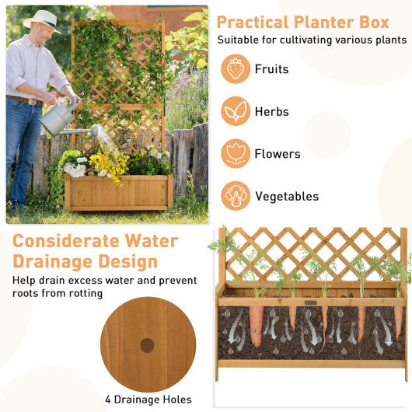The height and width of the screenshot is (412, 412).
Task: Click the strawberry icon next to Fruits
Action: [x=236, y=69]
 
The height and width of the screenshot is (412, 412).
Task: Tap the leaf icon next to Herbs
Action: [x=236, y=111]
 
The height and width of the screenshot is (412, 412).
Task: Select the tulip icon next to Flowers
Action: [x=236, y=153]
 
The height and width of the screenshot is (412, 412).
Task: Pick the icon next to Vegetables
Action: [x=236, y=196]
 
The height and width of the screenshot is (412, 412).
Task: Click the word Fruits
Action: [x=271, y=69]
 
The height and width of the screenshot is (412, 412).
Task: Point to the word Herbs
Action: [x=271, y=112]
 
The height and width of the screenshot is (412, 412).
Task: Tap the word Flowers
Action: [x=278, y=154]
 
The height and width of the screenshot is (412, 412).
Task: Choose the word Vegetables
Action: [x=287, y=197]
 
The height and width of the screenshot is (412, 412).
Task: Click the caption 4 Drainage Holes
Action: [x=148, y=400]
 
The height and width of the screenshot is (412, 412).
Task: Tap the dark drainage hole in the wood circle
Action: [x=147, y=344]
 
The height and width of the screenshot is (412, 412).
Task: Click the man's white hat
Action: [x=41, y=19]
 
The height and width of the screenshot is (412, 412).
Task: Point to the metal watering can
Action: [x=59, y=119]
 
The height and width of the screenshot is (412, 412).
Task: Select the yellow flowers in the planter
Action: [x=109, y=163]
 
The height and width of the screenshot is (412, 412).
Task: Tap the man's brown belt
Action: [x=26, y=100]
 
